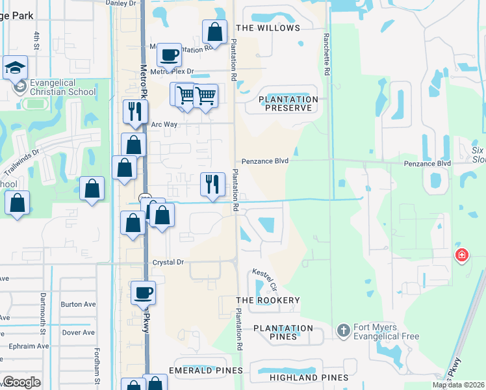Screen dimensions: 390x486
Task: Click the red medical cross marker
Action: pyautogui.click(x=461, y=255)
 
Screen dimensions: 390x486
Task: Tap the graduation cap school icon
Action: pyautogui.click(x=14, y=68)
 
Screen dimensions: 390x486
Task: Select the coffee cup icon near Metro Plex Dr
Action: pyautogui.click(x=169, y=56)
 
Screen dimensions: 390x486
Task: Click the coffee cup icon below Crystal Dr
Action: pyautogui.click(x=144, y=292)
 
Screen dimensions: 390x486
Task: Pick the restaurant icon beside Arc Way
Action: pyautogui.click(x=135, y=112)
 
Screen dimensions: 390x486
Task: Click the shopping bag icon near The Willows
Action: pyautogui.click(x=214, y=32)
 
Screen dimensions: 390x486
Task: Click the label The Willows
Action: pyautogui.click(x=268, y=28)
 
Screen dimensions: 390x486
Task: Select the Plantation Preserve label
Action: pyautogui.click(x=288, y=103)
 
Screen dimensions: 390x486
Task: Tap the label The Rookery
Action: pyautogui.click(x=268, y=300)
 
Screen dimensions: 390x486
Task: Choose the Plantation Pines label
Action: pyautogui.click(x=283, y=332)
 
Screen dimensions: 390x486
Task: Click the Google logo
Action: pyautogui.click(x=21, y=382)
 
